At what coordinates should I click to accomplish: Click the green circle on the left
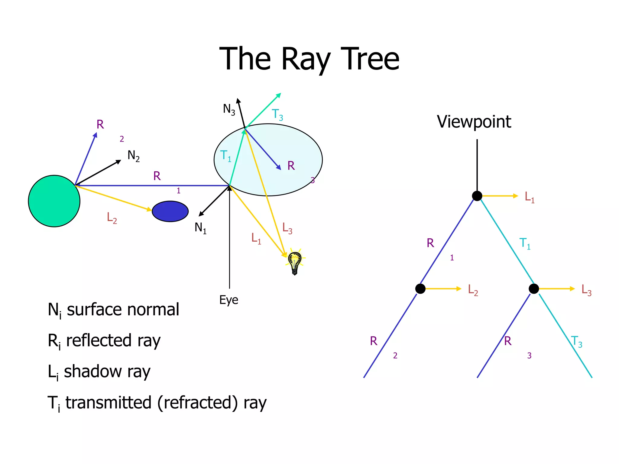[54, 201]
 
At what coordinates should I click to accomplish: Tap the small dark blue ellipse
[170, 211]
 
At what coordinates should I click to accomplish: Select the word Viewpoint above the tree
[474, 122]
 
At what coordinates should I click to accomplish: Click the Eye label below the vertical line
[228, 300]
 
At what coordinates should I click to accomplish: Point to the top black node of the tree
[477, 196]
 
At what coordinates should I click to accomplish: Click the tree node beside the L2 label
[420, 289]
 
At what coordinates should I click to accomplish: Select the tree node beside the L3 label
[534, 289]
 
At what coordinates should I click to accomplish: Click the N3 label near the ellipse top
[229, 109]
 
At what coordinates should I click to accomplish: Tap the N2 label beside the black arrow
[133, 156]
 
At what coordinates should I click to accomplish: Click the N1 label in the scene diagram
[200, 228]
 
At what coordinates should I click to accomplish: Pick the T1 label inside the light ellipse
[226, 156]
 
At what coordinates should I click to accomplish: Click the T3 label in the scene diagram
[277, 115]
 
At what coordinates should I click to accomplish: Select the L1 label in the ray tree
[530, 197]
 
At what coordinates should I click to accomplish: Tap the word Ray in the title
[306, 60]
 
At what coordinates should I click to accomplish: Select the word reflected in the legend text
[99, 340]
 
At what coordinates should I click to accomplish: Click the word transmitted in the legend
[109, 403]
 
